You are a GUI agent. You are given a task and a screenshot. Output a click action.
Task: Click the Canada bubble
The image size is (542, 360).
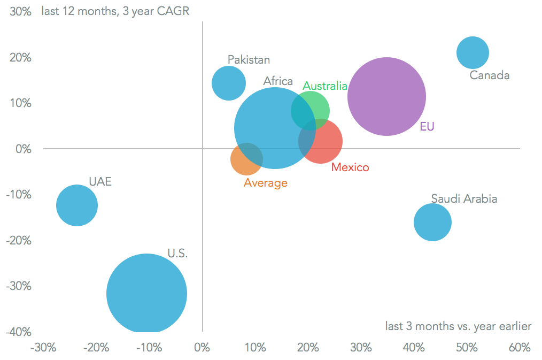[473, 52]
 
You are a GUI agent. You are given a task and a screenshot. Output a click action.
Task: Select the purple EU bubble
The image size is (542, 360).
[386, 97]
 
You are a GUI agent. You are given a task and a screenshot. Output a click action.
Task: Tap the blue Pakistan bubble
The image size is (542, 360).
[229, 82]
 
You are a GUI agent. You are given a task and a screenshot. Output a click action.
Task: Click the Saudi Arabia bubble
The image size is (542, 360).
[432, 223]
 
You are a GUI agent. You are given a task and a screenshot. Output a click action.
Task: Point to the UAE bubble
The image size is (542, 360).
[77, 205]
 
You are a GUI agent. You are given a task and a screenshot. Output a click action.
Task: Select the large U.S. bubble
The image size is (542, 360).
[146, 294]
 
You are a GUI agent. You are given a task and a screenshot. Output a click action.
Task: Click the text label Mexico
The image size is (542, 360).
[350, 167]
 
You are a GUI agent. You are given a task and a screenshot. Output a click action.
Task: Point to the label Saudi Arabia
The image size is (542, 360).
[464, 199]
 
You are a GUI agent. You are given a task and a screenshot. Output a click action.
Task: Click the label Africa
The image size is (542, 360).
[278, 81]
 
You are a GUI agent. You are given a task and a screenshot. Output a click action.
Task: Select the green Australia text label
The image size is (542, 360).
[325, 86]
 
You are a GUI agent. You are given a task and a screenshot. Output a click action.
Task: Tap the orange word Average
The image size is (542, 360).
[266, 183]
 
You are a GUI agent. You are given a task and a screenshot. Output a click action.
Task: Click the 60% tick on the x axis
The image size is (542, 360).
[519, 348]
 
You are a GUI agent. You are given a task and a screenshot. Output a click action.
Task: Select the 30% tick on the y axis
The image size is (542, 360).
[20, 11]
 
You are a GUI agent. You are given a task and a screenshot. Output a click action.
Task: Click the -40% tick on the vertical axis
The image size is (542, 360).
[19, 332]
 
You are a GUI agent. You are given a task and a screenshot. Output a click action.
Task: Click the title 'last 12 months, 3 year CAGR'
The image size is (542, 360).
[115, 11]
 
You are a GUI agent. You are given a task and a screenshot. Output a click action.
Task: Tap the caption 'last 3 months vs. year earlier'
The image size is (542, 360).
[458, 326]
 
